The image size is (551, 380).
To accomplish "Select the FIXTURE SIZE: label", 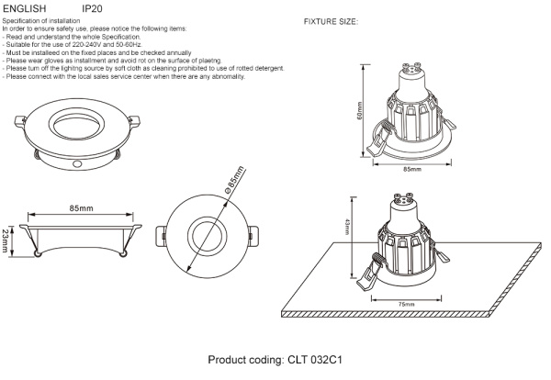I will click(331, 20).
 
